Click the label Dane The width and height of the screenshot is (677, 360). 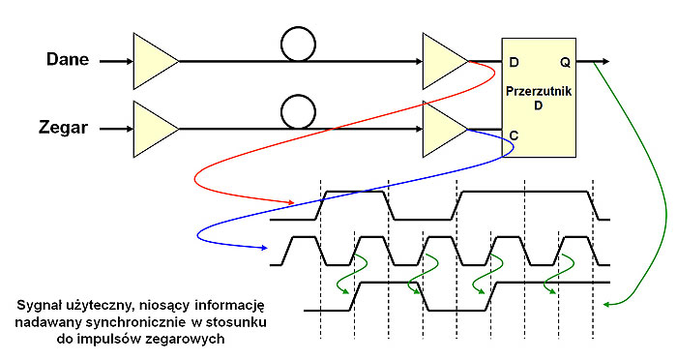click(x=68, y=60)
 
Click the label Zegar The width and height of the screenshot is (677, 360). click(x=68, y=128)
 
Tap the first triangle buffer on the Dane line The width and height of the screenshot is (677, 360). click(x=154, y=60)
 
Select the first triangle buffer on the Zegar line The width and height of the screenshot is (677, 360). click(x=154, y=128)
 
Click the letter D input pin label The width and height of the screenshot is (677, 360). click(x=514, y=63)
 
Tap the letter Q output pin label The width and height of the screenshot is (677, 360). click(x=564, y=63)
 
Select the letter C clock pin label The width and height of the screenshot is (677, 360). click(x=514, y=136)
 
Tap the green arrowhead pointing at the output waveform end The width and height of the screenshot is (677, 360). click(x=605, y=305)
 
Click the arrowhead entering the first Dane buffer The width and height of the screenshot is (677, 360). click(x=129, y=60)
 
